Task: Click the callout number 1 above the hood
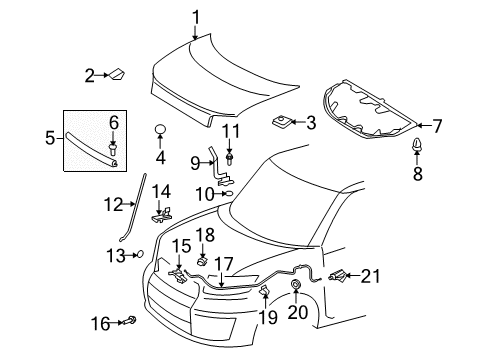(196, 15)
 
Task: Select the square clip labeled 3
(281, 122)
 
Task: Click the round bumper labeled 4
(159, 131)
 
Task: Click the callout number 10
(204, 193)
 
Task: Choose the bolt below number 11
(231, 156)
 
